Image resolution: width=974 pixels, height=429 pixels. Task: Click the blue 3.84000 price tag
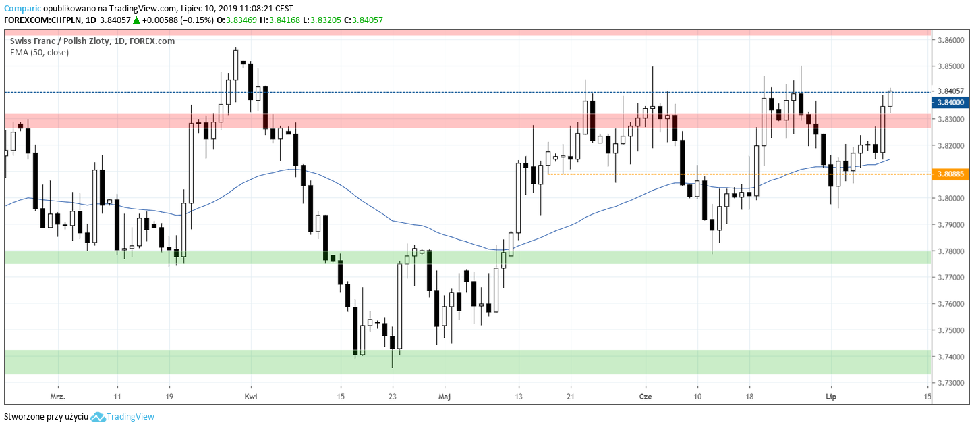[950, 103]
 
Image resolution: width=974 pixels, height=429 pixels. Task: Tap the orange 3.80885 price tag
[950, 174]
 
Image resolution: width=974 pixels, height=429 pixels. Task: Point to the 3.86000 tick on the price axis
[950, 41]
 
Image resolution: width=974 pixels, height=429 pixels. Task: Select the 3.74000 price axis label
[950, 357]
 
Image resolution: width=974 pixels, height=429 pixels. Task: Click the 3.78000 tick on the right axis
[950, 251]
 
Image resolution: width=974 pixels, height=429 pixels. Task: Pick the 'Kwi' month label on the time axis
[251, 397]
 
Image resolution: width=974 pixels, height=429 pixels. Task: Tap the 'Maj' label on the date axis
[444, 397]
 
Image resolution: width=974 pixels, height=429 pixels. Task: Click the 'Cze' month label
[646, 397]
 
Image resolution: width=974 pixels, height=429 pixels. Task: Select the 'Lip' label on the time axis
[830, 397]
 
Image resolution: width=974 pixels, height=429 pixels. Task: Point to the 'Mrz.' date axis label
[57, 397]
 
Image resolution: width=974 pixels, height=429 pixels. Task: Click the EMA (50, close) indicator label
[39, 52]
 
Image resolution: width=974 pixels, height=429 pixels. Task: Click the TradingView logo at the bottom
[123, 417]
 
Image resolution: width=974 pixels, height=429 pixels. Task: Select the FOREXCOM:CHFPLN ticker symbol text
[42, 20]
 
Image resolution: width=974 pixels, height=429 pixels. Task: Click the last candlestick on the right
[890, 99]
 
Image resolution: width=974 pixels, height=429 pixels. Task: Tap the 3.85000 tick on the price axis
[950, 67]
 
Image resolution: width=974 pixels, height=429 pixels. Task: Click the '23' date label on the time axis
[392, 397]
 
